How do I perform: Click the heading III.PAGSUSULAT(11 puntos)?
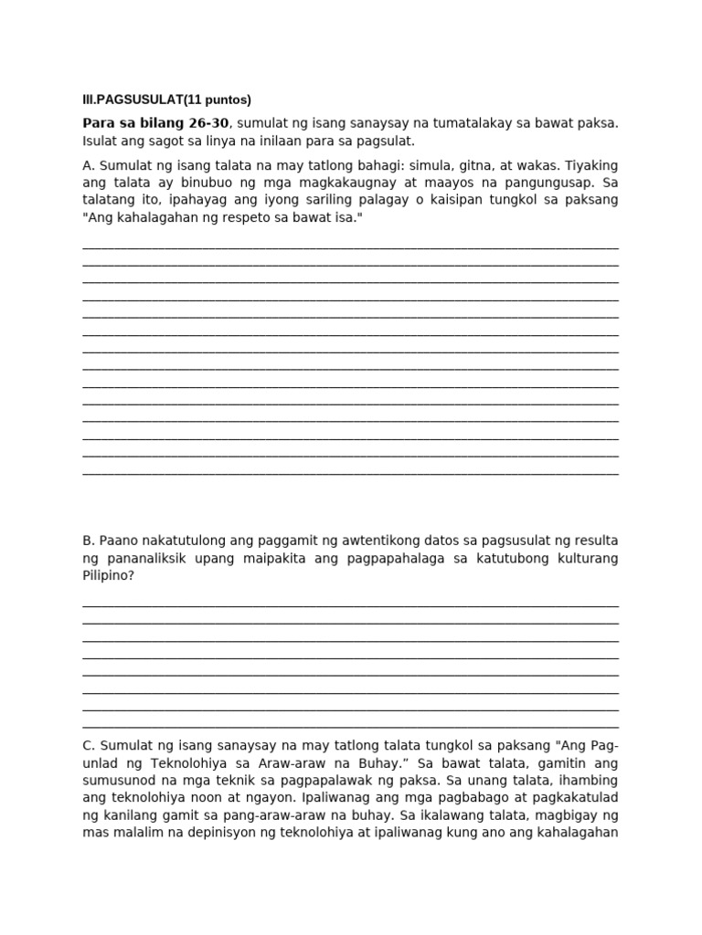coord(166,100)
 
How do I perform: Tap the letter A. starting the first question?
coord(89,165)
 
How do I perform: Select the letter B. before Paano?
coord(89,541)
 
